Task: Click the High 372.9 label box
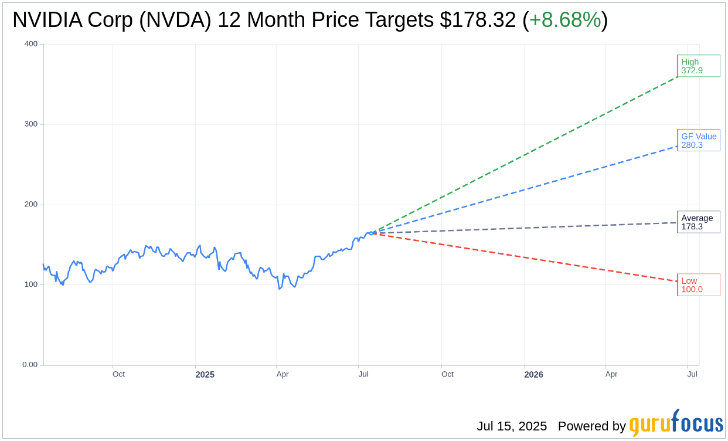coord(698,66)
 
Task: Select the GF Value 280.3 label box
coord(698,140)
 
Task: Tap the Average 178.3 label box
coord(698,222)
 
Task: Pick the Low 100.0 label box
coord(698,284)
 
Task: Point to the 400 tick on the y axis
coord(31,44)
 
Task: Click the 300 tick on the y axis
coord(31,124)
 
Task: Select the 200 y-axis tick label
coord(31,205)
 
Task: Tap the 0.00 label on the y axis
coord(30,365)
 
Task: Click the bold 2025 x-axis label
coord(205,375)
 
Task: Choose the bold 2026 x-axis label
coord(533,375)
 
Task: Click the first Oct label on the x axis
coord(118,374)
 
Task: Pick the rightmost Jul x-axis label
coord(692,374)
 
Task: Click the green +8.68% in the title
coord(564,20)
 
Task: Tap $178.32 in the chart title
coord(478,20)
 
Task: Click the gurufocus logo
coord(676,424)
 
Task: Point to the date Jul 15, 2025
coord(511,426)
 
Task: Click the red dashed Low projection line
coord(528,259)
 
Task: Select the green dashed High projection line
coord(528,154)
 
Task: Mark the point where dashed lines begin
coord(371,233)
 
